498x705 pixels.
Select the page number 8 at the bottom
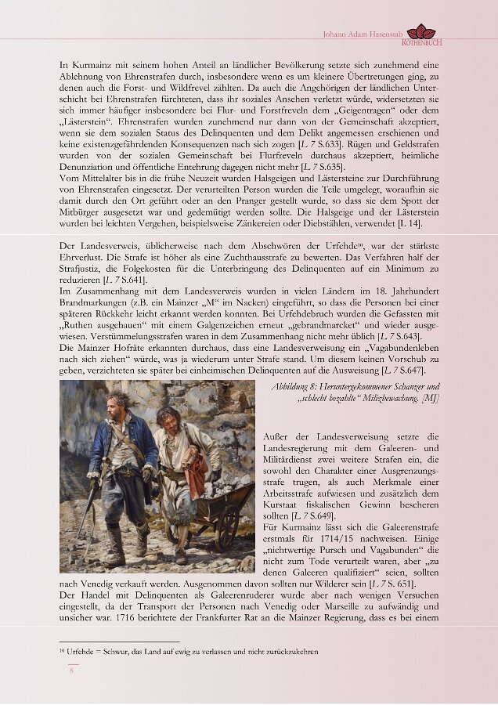click(70, 669)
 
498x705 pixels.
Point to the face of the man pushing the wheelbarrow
click(167, 418)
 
